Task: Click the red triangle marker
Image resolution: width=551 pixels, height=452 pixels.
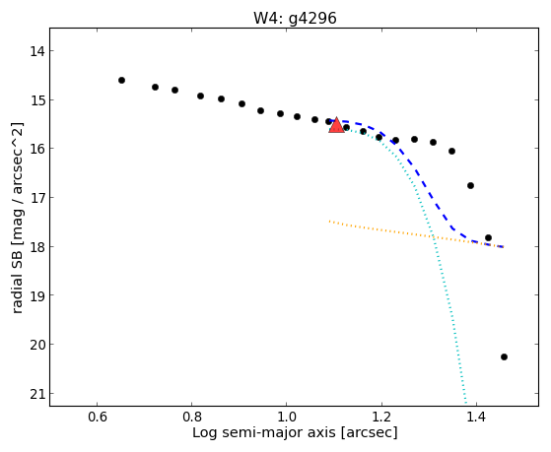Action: coord(336,125)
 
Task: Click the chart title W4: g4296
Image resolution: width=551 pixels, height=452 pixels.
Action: coord(295,19)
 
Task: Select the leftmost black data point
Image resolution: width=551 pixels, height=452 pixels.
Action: coord(121,81)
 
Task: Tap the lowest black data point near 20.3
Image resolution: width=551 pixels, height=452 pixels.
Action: coord(504,357)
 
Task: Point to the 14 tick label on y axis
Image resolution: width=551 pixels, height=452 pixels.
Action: coord(36,51)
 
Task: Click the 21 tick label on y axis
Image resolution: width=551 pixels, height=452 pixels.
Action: coord(36,395)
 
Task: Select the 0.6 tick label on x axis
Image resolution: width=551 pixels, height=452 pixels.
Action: coord(97,418)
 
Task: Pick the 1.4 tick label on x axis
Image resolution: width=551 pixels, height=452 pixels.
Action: coord(476,418)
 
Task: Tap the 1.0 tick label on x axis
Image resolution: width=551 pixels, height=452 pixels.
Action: coord(287,418)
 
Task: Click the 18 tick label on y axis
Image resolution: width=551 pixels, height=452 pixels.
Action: coord(36,247)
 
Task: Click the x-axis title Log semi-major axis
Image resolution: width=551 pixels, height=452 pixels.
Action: coord(295,432)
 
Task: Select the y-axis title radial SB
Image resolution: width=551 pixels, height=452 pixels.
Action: coord(17,218)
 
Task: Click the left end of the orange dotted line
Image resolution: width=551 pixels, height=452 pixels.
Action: coord(329,222)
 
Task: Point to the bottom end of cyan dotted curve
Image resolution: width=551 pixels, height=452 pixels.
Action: coord(466,403)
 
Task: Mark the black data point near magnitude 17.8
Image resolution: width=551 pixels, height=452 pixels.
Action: coord(488,237)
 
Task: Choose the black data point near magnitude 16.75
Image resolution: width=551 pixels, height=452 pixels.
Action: coord(470,185)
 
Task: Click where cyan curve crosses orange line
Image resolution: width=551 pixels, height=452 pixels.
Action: coord(434,237)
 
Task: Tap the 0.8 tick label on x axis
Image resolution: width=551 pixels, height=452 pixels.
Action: coord(192,418)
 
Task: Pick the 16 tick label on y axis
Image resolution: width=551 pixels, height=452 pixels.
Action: coord(36,149)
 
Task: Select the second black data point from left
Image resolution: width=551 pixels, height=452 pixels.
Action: coord(156,87)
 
